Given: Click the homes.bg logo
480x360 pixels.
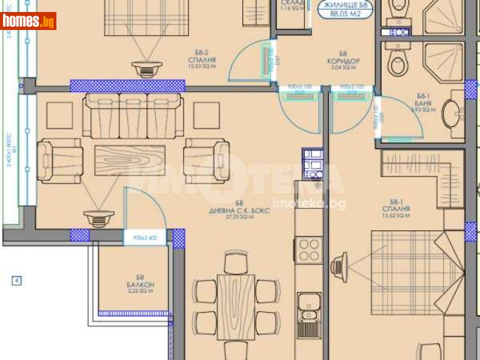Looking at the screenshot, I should point(28,21).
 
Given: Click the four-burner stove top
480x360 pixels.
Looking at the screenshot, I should point(310,248).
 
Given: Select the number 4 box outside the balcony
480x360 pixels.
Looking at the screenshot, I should point(17,280).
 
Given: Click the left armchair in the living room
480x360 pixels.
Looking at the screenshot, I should point(59,160).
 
